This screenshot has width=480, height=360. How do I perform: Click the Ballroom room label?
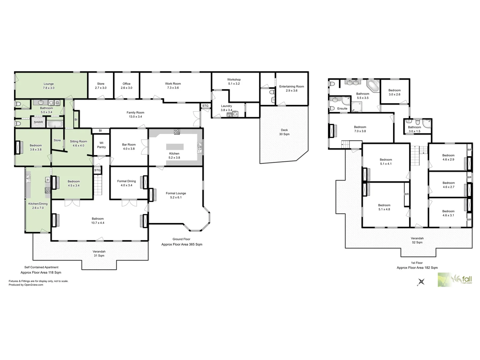(98, 221)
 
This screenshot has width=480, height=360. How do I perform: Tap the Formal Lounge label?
(176, 195)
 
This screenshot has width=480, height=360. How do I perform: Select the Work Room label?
(173, 86)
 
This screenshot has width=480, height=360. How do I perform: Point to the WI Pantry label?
(101, 145)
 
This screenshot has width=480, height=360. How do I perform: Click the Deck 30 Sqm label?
(284, 132)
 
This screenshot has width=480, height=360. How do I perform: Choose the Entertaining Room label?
(291, 88)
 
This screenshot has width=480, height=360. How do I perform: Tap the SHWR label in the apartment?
(38, 122)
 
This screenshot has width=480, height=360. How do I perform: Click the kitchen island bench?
(175, 147)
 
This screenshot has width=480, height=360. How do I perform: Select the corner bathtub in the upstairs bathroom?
(373, 85)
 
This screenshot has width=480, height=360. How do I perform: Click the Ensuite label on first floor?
(342, 109)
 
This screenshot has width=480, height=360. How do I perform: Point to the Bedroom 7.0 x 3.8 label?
(360, 129)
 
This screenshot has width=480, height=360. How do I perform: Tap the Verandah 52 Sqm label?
(417, 240)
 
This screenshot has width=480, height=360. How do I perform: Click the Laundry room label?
(226, 108)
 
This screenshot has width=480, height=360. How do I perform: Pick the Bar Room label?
(129, 147)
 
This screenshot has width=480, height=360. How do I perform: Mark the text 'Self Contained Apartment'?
(41, 267)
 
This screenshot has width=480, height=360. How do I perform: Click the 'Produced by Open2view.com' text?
(26, 285)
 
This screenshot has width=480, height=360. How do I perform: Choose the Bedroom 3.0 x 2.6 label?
(394, 92)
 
